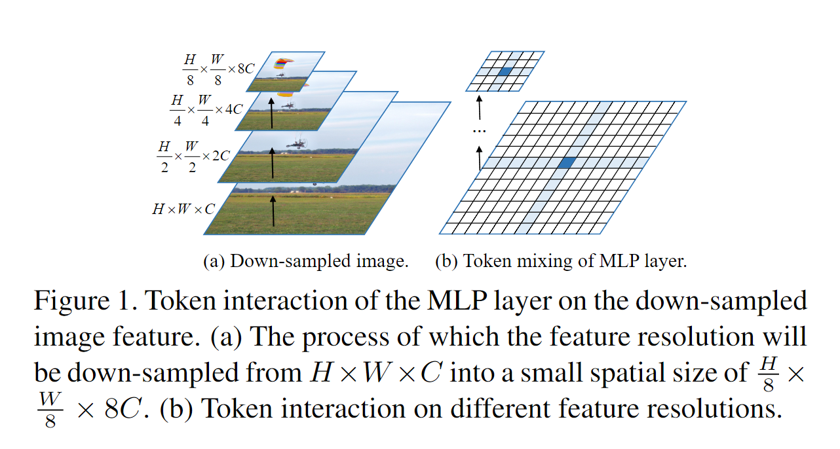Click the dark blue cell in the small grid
tap(504, 71)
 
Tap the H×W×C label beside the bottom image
tap(183, 209)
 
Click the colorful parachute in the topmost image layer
tap(283, 63)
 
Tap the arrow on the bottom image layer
tap(273, 211)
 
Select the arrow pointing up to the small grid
tap(480, 107)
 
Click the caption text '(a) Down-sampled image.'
tap(306, 262)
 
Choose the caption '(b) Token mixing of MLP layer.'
tap(561, 262)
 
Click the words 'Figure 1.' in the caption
tap(84, 301)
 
